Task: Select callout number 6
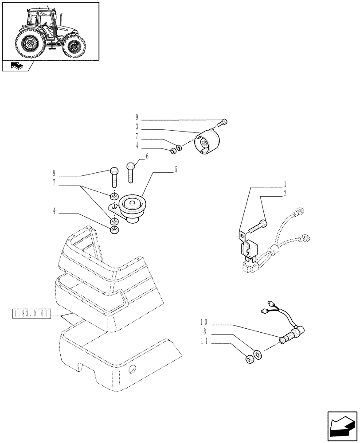click(x=147, y=156)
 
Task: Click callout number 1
click(x=285, y=183)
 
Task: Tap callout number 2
click(x=285, y=193)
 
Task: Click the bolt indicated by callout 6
click(x=131, y=172)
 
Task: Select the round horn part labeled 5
click(x=131, y=206)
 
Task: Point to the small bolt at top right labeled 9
click(x=224, y=121)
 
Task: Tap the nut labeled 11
click(x=250, y=359)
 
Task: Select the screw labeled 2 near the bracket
click(x=258, y=226)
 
